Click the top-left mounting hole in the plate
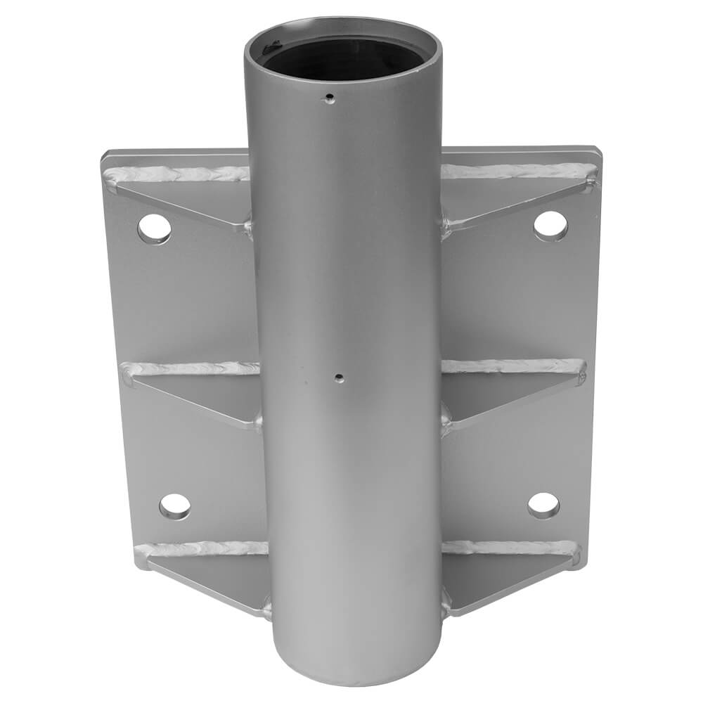(154, 228)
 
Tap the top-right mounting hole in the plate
(550, 225)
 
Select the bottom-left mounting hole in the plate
(174, 505)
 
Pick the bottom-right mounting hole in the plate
(543, 504)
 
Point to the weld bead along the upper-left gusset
(176, 173)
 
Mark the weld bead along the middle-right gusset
(513, 366)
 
